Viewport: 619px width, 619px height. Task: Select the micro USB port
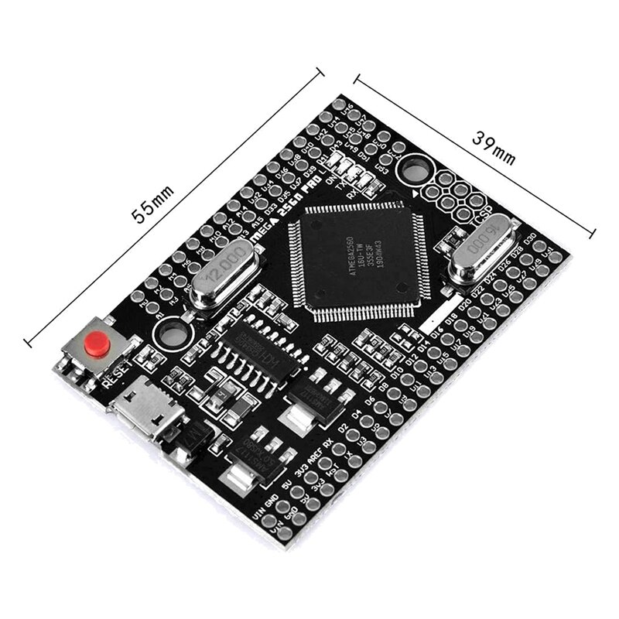145,409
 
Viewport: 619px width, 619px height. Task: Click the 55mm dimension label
152,203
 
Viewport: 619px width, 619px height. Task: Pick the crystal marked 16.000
480,254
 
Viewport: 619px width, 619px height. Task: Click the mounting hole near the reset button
172,333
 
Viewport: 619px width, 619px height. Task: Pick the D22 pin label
475,292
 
